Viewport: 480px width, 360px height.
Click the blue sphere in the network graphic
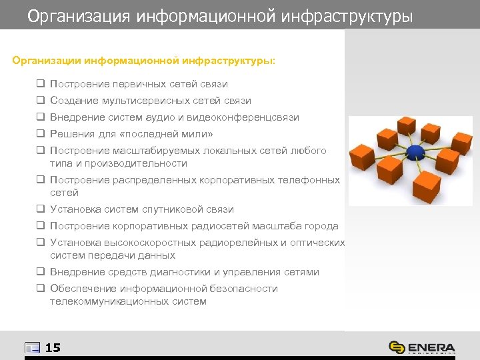(x=415, y=153)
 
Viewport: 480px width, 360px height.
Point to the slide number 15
(x=53, y=347)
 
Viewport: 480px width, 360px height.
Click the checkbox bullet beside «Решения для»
(x=41, y=134)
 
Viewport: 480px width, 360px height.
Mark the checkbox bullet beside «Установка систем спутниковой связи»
(x=41, y=209)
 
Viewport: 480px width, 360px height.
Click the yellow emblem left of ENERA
(x=397, y=347)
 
